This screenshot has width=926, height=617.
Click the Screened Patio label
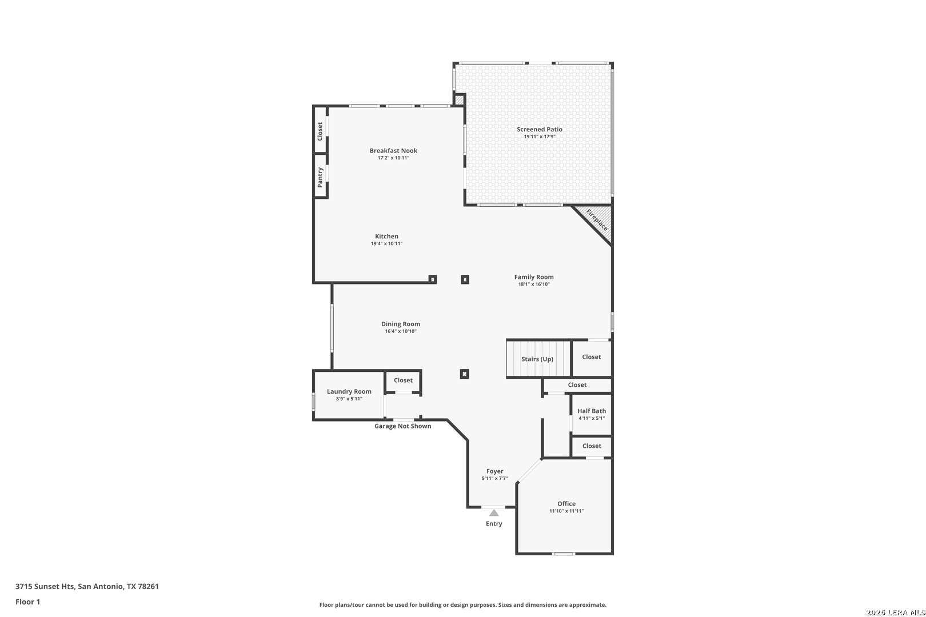coord(540,129)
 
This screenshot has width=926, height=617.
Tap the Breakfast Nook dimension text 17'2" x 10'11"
coord(393,158)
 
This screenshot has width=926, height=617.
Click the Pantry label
coord(320,177)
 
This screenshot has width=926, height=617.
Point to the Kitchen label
coord(386,237)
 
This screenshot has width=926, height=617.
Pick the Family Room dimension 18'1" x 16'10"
coord(534,285)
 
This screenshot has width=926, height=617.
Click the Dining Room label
coord(401,324)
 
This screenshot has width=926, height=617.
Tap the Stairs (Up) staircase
coord(538,358)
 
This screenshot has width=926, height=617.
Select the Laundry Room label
coord(349,391)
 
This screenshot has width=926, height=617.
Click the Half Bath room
coord(592,415)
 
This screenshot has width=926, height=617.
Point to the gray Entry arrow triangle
coord(494,513)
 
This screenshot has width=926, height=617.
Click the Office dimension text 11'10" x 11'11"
coord(566,511)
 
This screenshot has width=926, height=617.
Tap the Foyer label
coord(495,471)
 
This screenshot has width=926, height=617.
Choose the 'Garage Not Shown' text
coord(402,426)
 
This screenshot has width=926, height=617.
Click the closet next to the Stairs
coord(592,358)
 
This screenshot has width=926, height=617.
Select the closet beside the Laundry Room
coord(403,380)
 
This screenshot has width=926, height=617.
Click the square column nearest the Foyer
coord(464,374)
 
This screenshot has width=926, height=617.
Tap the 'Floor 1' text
coord(27,602)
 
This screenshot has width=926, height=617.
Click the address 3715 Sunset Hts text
coord(45,586)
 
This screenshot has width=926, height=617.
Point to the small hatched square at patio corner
coord(459,100)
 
